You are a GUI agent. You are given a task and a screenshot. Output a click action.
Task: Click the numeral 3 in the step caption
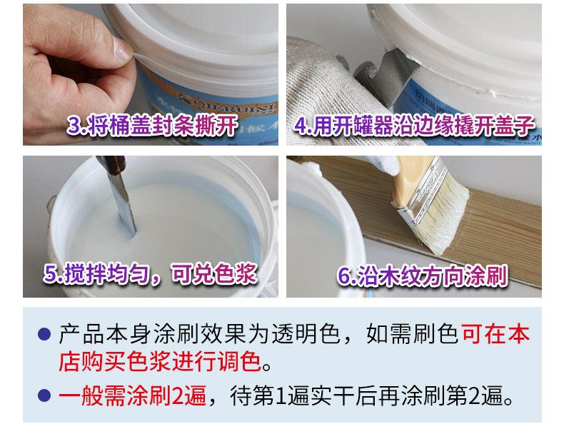[x=74, y=125]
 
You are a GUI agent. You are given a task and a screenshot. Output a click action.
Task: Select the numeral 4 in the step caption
[x=301, y=126]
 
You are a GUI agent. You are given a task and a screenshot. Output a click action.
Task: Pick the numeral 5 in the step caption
[x=51, y=273]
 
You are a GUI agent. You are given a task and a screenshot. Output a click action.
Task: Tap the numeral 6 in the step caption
[x=344, y=276]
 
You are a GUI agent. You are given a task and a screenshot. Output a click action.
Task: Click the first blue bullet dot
[x=44, y=334]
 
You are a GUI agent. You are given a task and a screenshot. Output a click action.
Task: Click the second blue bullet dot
[x=44, y=395]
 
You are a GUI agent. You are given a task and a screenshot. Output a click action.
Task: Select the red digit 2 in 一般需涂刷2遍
[x=178, y=395]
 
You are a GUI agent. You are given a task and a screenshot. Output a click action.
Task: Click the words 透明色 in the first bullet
[x=306, y=334]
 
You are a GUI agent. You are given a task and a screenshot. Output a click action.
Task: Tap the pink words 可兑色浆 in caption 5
[x=214, y=274]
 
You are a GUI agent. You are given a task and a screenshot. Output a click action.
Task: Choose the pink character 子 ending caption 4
[x=524, y=126]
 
